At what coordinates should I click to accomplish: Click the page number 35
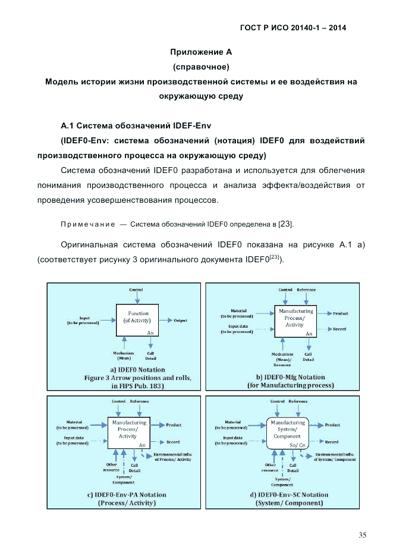point(362,535)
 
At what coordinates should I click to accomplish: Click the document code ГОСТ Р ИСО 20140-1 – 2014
point(293,27)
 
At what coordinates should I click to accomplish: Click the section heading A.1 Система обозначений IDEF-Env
point(136,126)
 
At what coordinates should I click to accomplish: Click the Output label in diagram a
point(180,321)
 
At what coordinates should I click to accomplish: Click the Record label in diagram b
point(339,329)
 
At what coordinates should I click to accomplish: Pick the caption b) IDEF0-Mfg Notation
point(291,377)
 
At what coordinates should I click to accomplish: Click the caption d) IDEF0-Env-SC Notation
point(289,494)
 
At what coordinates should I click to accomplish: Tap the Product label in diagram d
point(332,425)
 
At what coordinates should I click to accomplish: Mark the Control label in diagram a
point(136,290)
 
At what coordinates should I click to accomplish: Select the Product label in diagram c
point(174,425)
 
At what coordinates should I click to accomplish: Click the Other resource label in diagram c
point(112,467)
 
